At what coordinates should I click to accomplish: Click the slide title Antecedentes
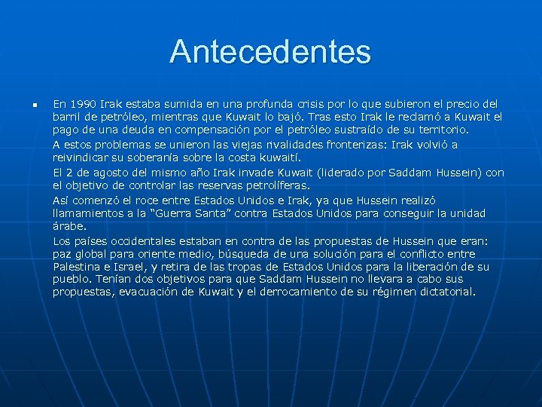[x=270, y=52]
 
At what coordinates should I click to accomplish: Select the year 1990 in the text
[x=81, y=103]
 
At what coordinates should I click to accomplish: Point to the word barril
[x=66, y=117]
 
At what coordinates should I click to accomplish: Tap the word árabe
[x=69, y=226]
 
